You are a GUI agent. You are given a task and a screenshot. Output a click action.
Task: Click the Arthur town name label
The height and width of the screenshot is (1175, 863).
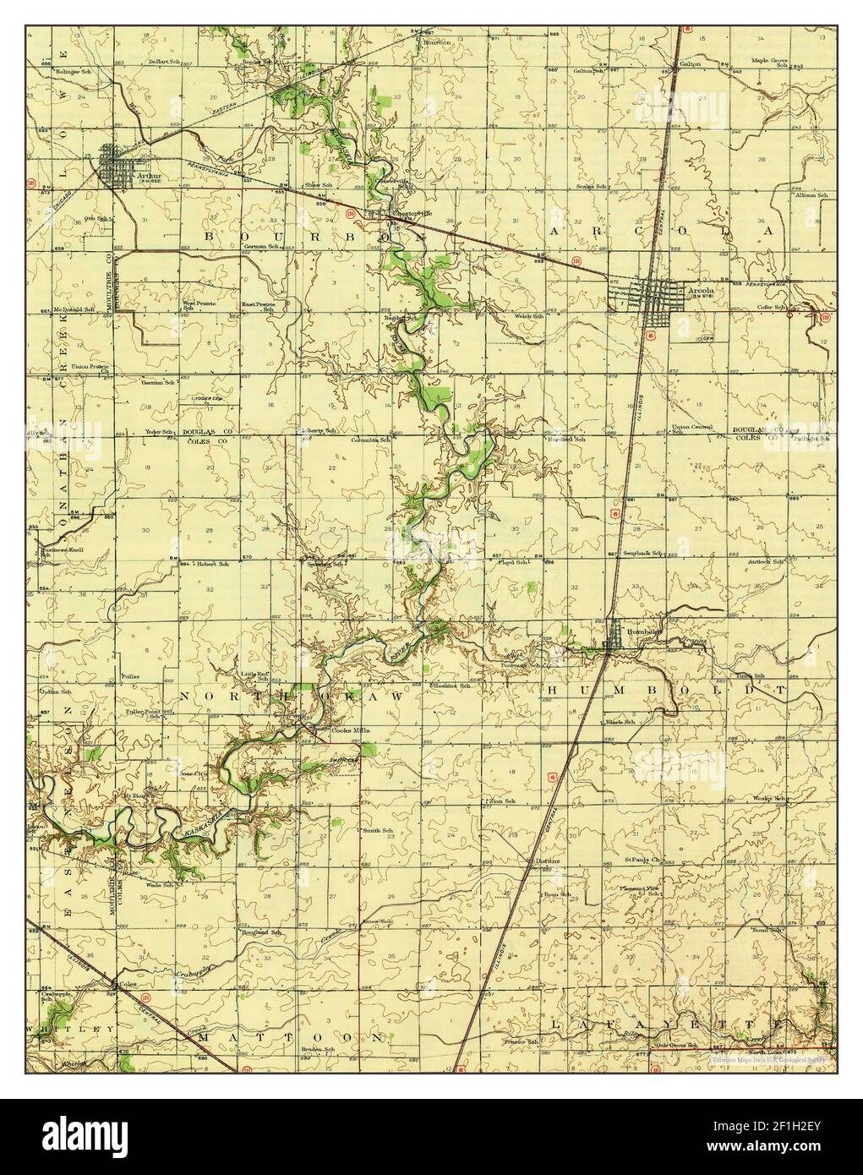[150, 176]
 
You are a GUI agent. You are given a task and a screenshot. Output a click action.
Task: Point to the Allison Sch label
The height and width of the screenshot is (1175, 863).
[809, 195]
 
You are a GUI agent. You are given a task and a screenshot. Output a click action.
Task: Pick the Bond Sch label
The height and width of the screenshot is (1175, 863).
[768, 929]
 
